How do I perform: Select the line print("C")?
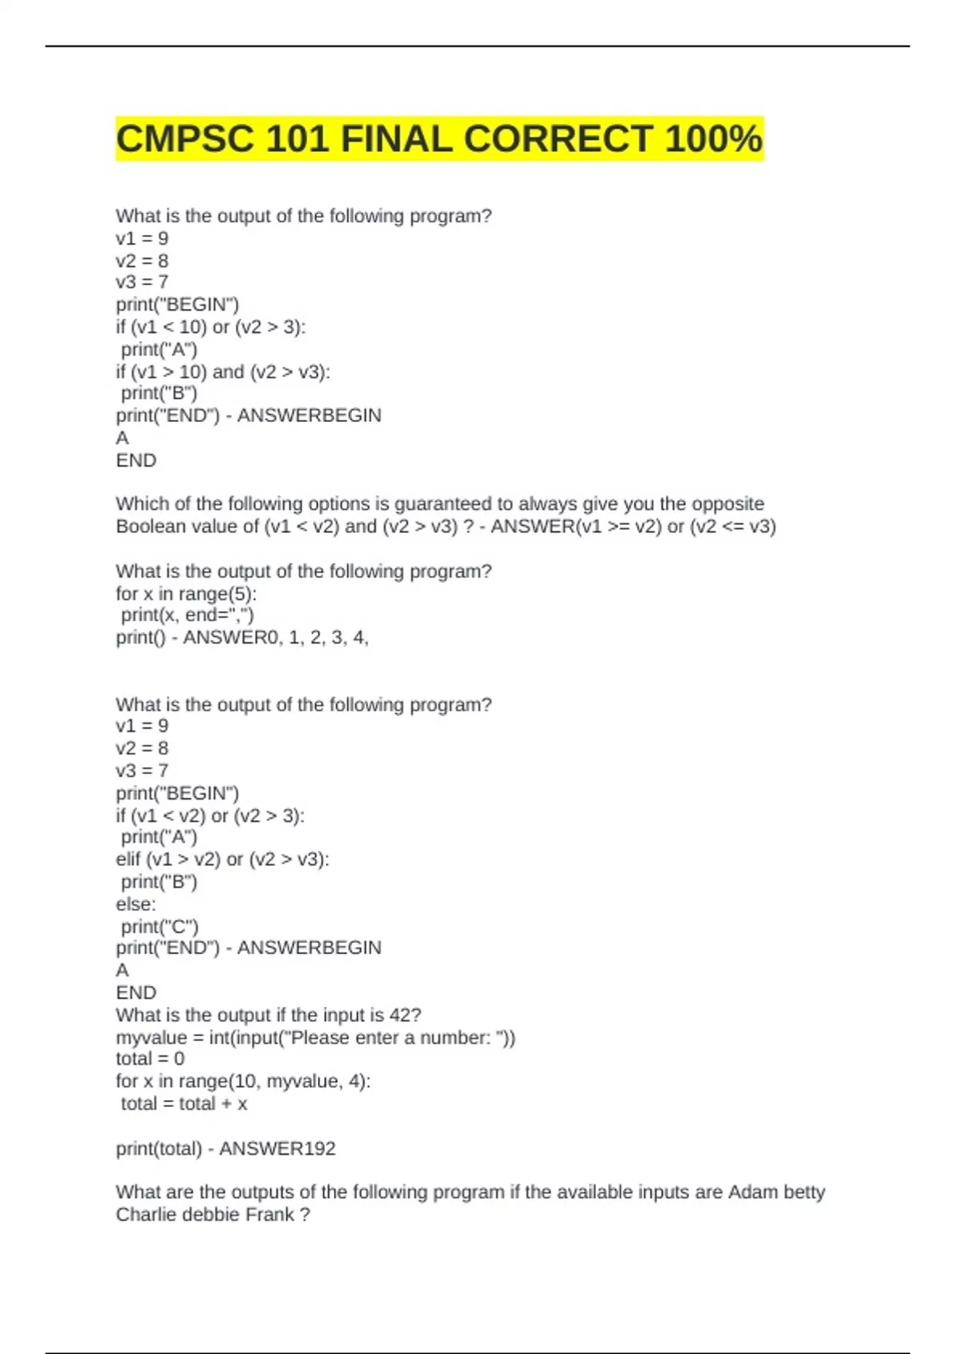[x=159, y=926]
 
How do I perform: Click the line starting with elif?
[x=222, y=859]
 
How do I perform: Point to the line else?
[x=135, y=904]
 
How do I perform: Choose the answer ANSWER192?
[x=277, y=1149]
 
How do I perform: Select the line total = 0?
[x=150, y=1059]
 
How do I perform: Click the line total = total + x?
[x=183, y=1104]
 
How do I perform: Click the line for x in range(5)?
[x=186, y=594]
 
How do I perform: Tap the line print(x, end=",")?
[x=187, y=615]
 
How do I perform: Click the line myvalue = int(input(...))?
[x=315, y=1038]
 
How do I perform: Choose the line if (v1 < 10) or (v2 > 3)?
[x=210, y=327]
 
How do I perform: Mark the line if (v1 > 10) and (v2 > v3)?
[x=222, y=372]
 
